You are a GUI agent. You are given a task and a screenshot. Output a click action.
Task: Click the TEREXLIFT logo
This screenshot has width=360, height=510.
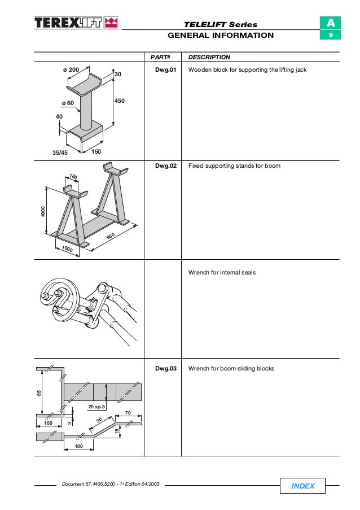point(76,23)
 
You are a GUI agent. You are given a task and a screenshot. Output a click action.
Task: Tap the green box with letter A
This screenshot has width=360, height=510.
point(330,23)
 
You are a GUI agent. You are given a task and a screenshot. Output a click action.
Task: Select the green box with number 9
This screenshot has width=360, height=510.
point(330,36)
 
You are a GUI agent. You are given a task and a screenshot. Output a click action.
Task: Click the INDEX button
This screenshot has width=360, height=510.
point(303,486)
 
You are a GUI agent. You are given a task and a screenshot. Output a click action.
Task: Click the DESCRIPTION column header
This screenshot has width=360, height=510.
point(209,57)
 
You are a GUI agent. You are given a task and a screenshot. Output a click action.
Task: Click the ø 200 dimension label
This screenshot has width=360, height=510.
point(71,69)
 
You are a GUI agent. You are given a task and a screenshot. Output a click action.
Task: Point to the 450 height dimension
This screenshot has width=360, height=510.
point(120,100)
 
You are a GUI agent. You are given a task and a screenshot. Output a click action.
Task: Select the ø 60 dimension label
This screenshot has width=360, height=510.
point(67,103)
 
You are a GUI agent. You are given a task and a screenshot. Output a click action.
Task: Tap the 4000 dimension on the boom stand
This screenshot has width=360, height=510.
point(42,212)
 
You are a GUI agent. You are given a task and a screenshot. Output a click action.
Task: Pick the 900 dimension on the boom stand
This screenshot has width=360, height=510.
point(111,236)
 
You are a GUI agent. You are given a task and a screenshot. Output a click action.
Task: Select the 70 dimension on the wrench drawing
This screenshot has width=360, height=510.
point(128,413)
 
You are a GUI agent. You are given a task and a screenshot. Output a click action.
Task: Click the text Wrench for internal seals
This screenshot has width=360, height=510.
point(222,272)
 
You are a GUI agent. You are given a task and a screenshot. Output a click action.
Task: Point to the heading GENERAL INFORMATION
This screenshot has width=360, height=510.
point(221,35)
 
